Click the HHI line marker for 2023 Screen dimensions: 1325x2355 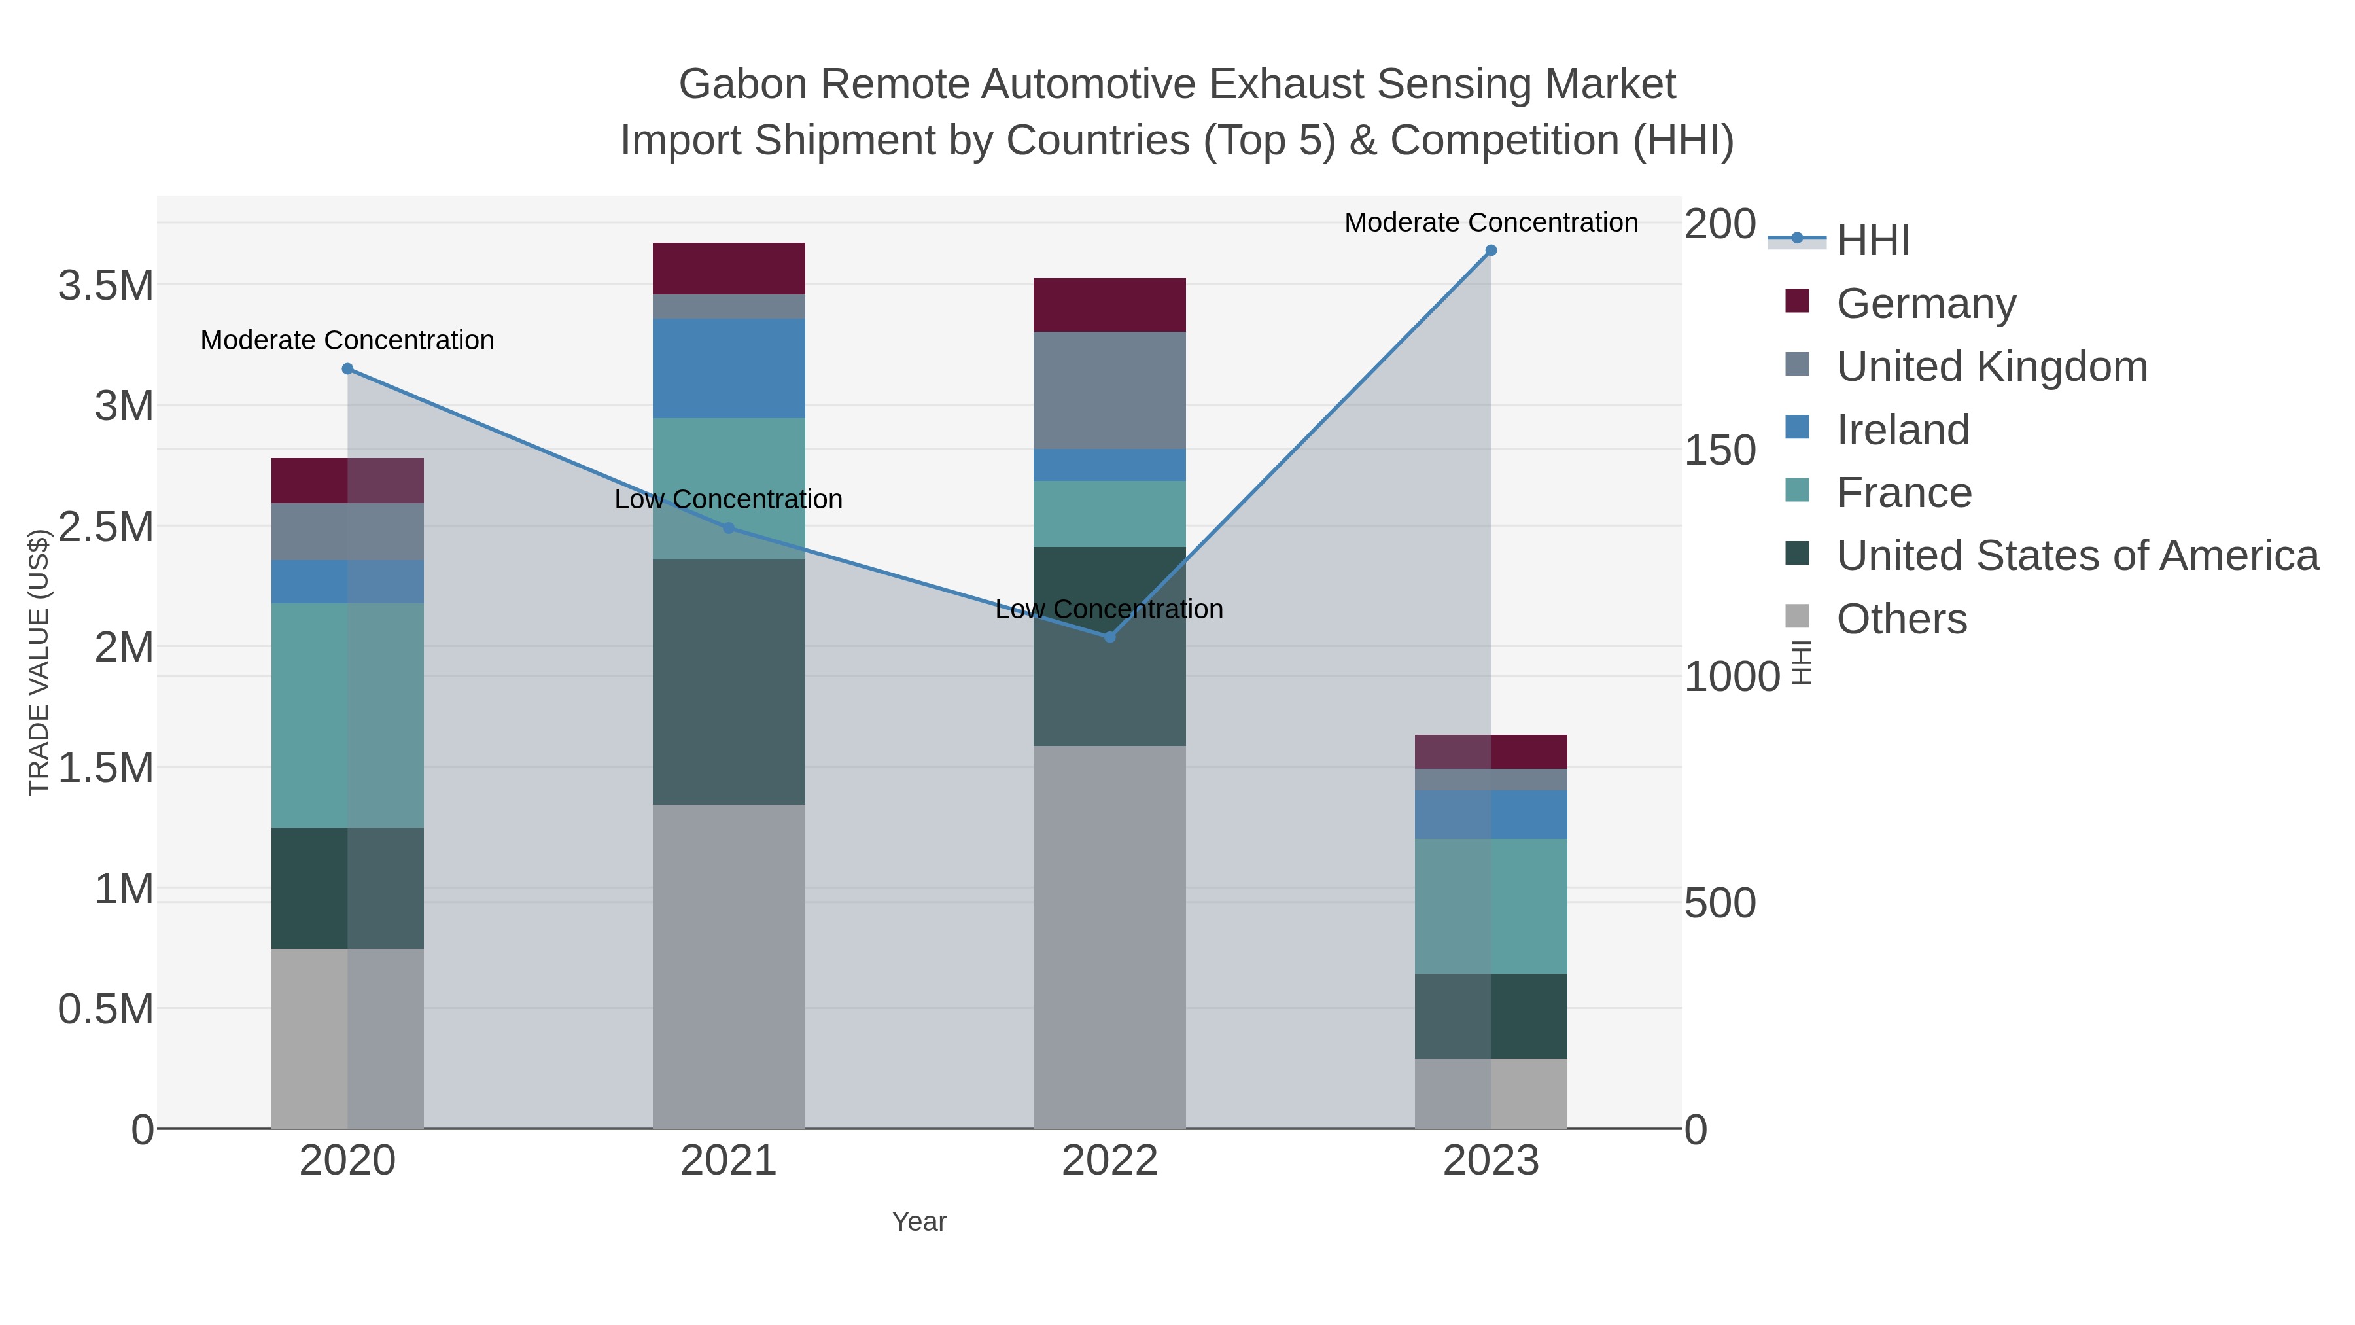[x=1490, y=251]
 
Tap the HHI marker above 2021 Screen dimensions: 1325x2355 [x=729, y=527]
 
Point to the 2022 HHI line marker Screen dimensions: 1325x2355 [x=1110, y=637]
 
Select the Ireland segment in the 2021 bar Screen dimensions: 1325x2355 [x=729, y=368]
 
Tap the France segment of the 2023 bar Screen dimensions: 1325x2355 [x=1490, y=906]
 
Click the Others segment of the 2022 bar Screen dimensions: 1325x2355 [x=1110, y=936]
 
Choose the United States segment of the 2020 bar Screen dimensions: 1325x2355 [x=347, y=887]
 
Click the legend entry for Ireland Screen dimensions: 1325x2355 [x=1902, y=430]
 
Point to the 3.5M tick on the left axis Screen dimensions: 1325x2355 [x=106, y=285]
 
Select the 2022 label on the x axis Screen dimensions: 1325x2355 [x=1110, y=1160]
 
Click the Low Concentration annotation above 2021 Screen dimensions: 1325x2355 [x=729, y=499]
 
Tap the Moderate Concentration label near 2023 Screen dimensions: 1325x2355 [x=1490, y=222]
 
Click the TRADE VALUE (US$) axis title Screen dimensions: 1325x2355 [x=39, y=662]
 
